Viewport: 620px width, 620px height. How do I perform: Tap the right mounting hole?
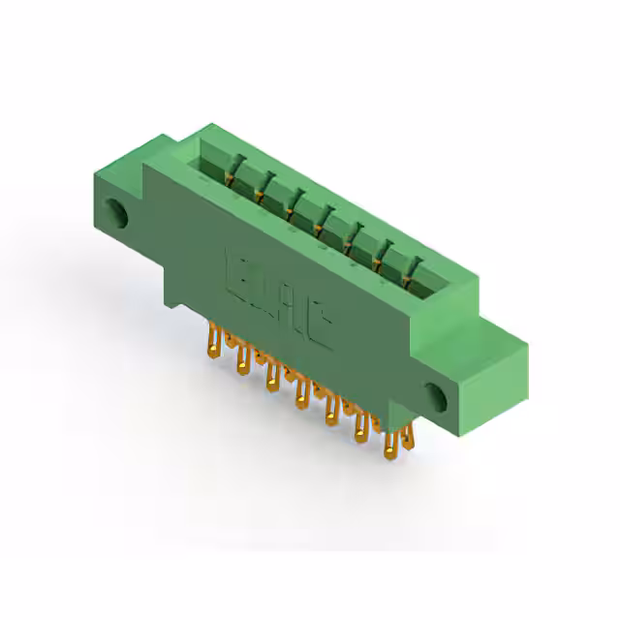(435, 393)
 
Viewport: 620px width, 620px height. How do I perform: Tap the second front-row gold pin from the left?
(239, 359)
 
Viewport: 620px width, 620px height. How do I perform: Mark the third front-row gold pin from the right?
(331, 413)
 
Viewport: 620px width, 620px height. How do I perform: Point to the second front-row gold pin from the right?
(361, 430)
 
